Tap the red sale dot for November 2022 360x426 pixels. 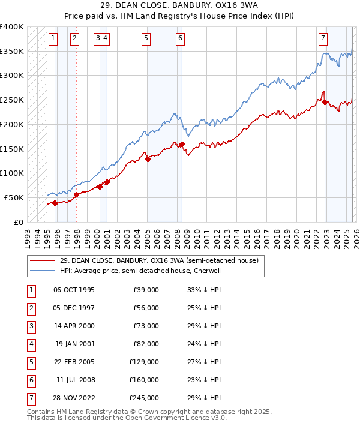point(325,102)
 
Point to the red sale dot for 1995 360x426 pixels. point(55,203)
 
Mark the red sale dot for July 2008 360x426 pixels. point(182,144)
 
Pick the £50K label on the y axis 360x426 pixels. point(14,197)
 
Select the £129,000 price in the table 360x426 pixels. point(144,362)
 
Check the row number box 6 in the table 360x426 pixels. point(29,380)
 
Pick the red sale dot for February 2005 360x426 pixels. point(148,158)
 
